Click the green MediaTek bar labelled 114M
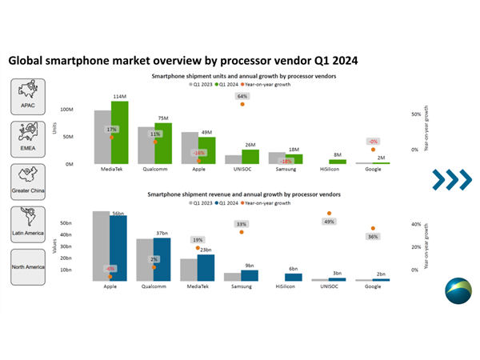click(x=120, y=132)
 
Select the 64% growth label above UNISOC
click(x=242, y=96)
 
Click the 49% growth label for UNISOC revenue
click(x=329, y=222)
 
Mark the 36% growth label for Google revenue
click(x=372, y=237)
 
